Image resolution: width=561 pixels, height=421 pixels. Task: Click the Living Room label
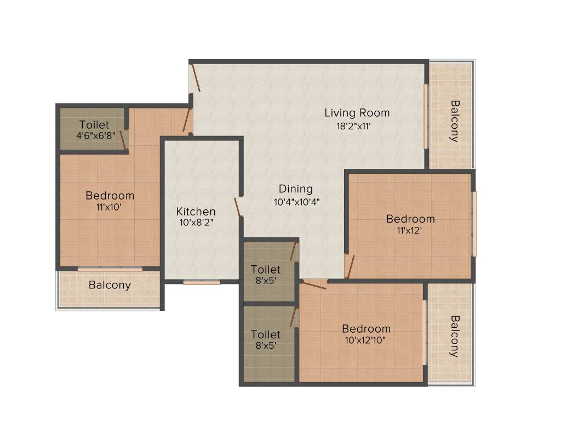point(357,113)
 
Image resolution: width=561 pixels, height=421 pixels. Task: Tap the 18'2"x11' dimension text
point(357,126)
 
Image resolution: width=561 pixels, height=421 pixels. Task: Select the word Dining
point(295,189)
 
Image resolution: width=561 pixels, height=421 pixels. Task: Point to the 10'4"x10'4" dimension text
point(296,202)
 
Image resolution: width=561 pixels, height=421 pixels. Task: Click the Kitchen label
point(196,212)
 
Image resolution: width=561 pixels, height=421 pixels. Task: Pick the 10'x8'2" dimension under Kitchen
point(196,223)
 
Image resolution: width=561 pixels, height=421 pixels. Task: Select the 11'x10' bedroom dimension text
point(110,207)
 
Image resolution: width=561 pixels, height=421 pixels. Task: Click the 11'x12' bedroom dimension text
point(410,230)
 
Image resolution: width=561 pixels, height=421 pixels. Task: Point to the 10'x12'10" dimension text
point(366,340)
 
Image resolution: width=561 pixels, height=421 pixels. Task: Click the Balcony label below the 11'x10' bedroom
point(110,285)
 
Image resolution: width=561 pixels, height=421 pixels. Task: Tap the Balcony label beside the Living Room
point(455,121)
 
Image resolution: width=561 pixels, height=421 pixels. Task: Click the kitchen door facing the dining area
point(238,207)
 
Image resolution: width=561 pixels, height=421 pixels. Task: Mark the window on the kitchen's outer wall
point(202,282)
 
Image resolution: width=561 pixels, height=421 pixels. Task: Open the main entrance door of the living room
point(195,78)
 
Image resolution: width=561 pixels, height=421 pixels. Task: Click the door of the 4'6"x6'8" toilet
point(124,140)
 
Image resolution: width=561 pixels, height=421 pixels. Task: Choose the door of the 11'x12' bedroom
point(350,266)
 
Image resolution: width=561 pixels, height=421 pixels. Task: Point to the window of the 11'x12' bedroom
point(474,224)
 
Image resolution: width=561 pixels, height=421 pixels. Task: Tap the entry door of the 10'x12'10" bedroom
point(314,285)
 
